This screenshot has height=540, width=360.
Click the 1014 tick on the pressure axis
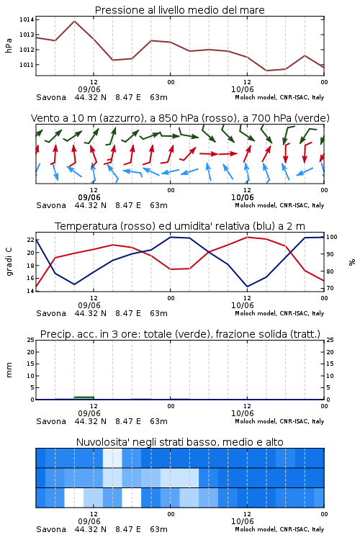pos(27,19)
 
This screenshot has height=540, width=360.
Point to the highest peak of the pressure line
pos(74,22)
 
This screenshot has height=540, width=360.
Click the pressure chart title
pos(179,10)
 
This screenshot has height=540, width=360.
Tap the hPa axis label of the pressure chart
pos(9,45)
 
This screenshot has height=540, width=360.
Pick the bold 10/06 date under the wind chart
pos(242,197)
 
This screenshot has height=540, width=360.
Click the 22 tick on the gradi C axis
pos(30,240)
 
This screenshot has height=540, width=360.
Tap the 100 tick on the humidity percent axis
pos(331,237)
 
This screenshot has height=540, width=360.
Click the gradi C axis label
pos(9,262)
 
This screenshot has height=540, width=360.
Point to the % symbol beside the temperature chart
pos(352,262)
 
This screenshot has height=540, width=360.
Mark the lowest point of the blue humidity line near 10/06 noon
pos(247,287)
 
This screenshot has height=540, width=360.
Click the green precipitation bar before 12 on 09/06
pos(84,398)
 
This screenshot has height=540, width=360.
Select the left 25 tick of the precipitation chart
pos(30,341)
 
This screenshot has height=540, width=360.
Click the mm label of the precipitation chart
pos(9,370)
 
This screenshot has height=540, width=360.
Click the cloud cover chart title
pos(179,442)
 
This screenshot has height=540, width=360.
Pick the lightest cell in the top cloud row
pos(112,458)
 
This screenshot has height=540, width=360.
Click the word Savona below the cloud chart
pos(51,529)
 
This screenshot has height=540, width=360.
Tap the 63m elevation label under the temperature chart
pos(159,313)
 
